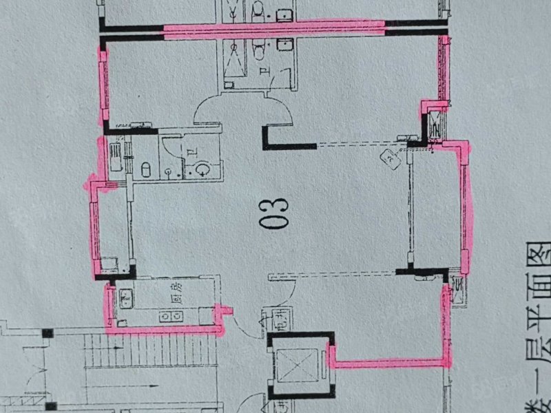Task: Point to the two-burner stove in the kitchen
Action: (168, 316)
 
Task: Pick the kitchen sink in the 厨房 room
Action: (127, 297)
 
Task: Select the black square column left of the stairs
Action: (48, 334)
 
